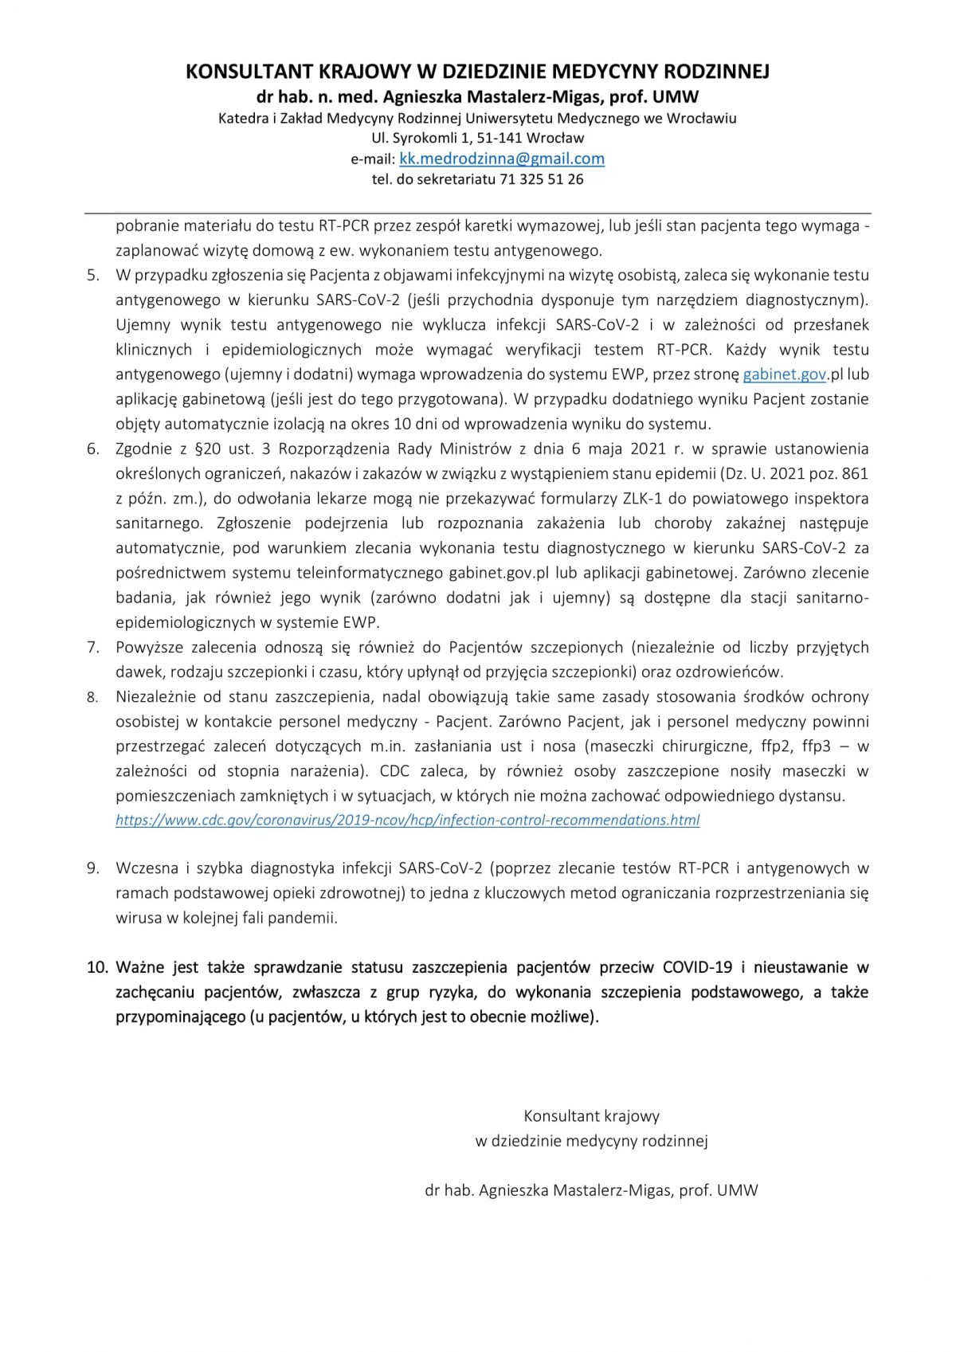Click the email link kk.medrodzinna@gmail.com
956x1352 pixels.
point(501,159)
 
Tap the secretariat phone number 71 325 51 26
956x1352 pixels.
point(541,179)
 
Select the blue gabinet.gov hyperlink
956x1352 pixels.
point(784,374)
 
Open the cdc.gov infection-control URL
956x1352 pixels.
point(407,820)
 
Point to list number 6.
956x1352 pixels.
point(93,449)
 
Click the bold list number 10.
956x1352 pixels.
point(96,967)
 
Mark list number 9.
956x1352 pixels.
point(93,868)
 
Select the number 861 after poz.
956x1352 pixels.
point(855,474)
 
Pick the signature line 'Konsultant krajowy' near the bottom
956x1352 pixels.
point(591,1116)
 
